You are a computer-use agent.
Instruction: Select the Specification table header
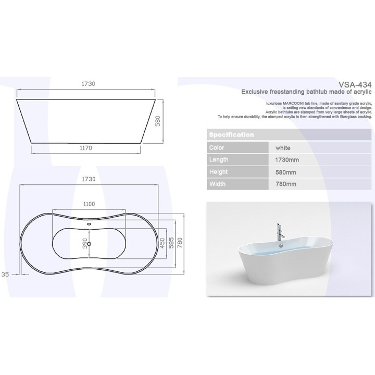point(231,135)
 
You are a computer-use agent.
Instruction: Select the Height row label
point(218,172)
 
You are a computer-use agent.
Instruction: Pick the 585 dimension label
point(170,244)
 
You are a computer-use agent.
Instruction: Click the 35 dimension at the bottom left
point(6,274)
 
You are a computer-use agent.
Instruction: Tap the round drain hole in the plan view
point(90,244)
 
